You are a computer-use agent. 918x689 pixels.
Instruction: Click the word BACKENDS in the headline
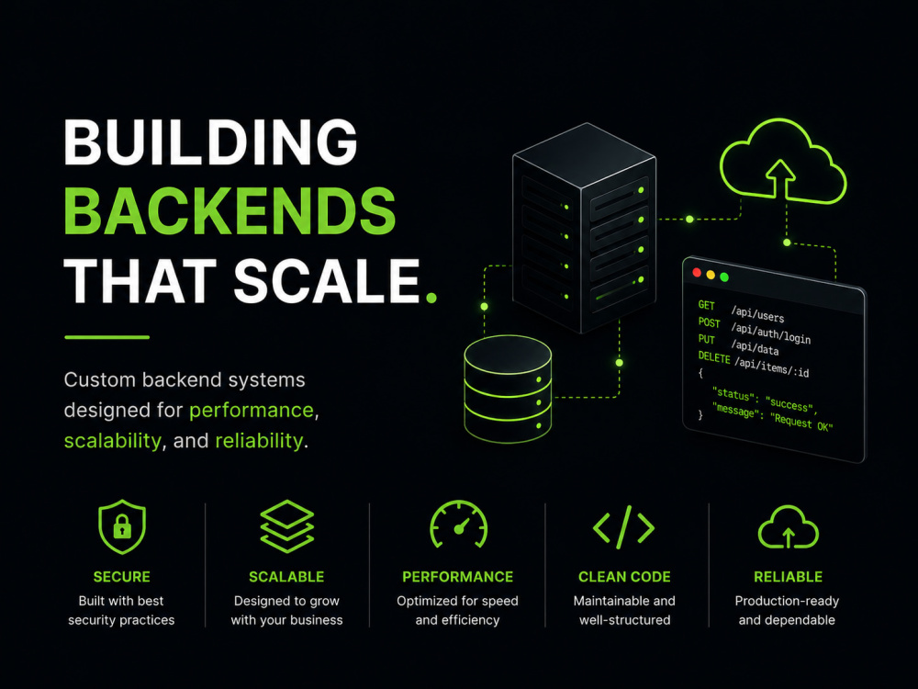coord(229,211)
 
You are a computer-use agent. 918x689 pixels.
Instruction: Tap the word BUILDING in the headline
coord(211,141)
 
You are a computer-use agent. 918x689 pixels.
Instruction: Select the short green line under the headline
coord(107,337)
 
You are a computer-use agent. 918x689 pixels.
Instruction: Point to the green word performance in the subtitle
coord(252,410)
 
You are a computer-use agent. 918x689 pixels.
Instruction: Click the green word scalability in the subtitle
coord(112,441)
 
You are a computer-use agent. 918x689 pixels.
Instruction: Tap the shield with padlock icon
coord(122,526)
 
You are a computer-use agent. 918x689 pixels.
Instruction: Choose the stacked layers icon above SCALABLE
coord(286,526)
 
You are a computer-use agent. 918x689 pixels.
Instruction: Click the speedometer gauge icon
coord(458,525)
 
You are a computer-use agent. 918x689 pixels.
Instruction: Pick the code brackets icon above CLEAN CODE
coord(624,526)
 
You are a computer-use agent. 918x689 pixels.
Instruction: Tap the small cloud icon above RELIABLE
coord(788,527)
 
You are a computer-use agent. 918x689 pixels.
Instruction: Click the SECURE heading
coord(122,577)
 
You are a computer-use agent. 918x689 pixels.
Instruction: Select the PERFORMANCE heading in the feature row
coord(458,577)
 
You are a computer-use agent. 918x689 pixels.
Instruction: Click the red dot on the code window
coord(697,273)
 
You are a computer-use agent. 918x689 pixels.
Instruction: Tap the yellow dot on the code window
coord(711,275)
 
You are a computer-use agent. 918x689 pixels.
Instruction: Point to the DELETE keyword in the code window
coord(713,357)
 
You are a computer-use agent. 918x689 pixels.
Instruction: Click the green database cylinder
coord(508,389)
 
